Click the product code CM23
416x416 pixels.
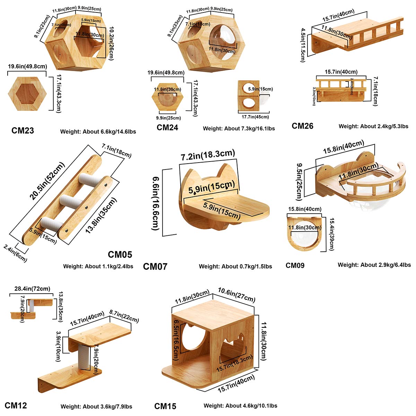point(23,130)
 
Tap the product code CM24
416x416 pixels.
point(167,127)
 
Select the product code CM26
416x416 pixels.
point(302,126)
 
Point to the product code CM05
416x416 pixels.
point(120,254)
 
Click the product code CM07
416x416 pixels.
point(155,266)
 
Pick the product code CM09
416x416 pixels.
point(295,265)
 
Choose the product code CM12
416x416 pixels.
point(16,405)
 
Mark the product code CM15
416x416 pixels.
point(165,406)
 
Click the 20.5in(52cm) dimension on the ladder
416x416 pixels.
point(47,181)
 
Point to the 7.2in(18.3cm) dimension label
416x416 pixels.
point(208,155)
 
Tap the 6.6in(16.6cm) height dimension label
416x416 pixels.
point(156,203)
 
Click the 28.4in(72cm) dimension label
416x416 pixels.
point(32,288)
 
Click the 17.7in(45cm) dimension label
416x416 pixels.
point(253,117)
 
